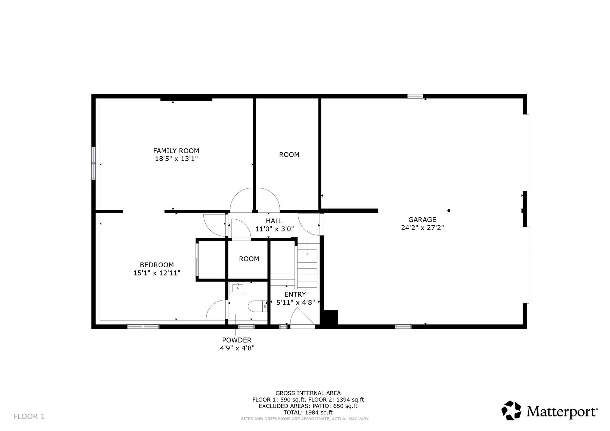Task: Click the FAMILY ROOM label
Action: pos(176,151)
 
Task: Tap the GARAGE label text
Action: pos(422,220)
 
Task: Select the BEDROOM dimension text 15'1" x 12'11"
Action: pos(157,273)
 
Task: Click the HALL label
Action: pos(274,221)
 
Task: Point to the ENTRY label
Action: pos(295,294)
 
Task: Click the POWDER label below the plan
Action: pos(237,340)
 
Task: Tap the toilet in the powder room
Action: pos(258,306)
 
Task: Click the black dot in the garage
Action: pos(449,210)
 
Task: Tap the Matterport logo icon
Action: pos(511,410)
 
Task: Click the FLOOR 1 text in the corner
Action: pos(29,416)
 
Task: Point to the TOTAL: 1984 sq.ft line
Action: pos(308,412)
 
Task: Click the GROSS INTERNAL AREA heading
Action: pos(308,393)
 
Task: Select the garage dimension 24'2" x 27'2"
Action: pos(422,228)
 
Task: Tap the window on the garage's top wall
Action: pos(415,96)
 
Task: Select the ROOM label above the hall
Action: pos(289,155)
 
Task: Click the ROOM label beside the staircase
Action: pos(249,259)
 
